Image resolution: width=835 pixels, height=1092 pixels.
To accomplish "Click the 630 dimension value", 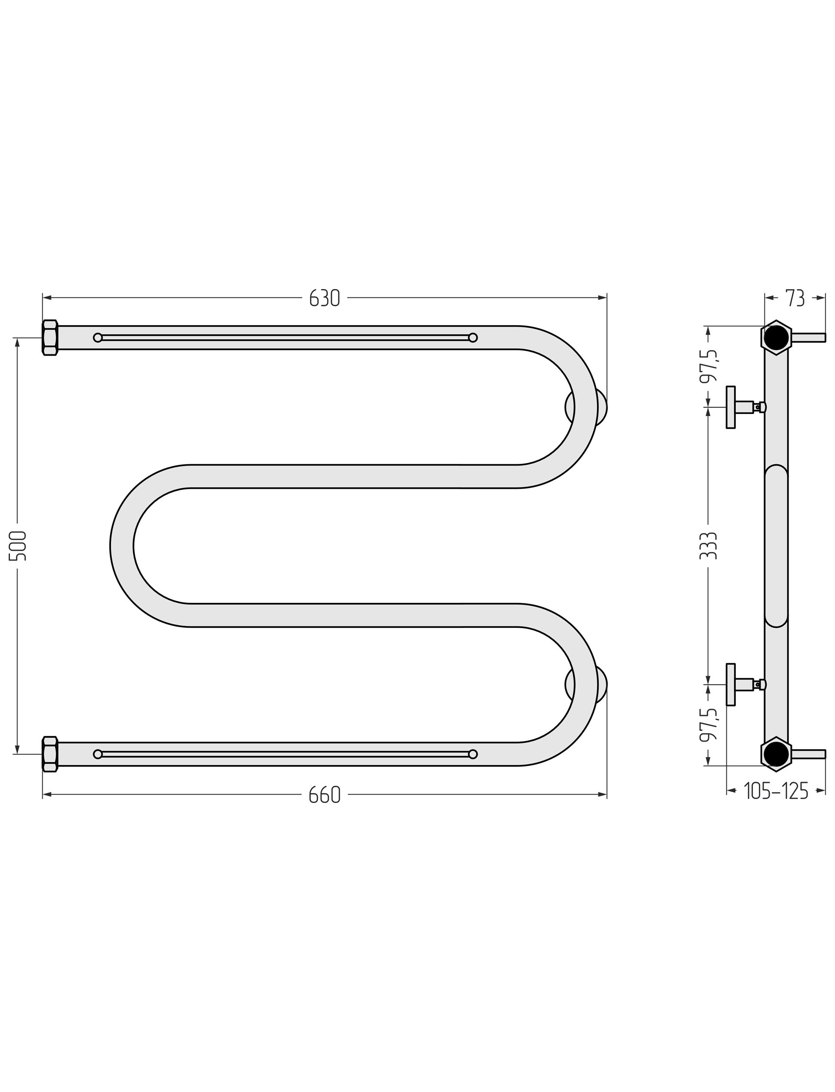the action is (324, 298).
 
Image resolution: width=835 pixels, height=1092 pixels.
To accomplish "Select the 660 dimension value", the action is (324, 796).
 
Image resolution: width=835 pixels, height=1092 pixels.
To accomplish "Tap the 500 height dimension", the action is (18, 546).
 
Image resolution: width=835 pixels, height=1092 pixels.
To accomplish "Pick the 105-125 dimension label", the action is (776, 792).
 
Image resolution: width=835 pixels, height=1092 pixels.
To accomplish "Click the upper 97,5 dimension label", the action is (708, 366).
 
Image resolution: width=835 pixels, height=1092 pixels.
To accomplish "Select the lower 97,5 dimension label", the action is (708, 725).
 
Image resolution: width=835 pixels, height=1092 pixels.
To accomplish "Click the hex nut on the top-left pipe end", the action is (50, 338).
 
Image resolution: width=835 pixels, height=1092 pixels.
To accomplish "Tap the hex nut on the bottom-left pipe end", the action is (50, 754).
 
